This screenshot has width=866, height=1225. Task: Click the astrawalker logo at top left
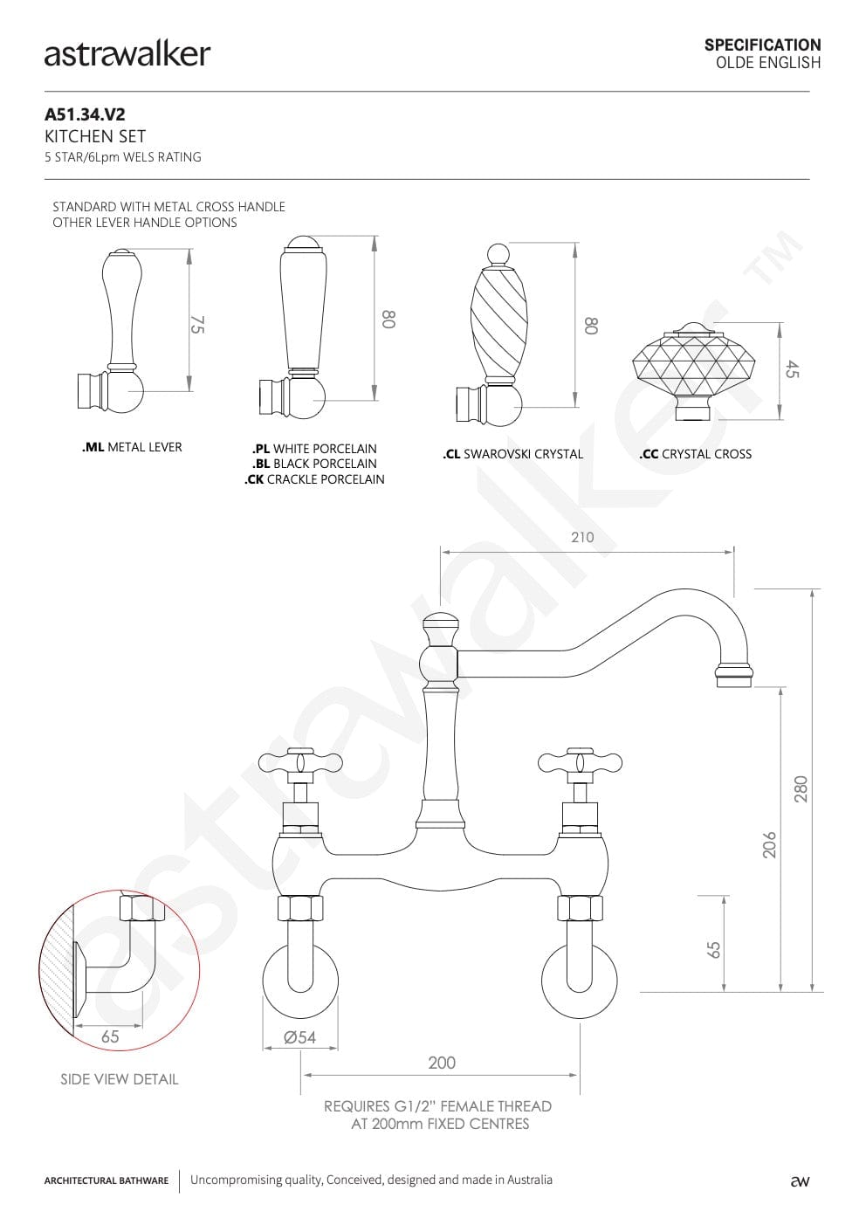(127, 55)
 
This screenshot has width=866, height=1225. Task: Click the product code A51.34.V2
(85, 114)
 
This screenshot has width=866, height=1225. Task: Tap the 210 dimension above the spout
(582, 538)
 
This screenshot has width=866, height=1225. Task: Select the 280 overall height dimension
(801, 789)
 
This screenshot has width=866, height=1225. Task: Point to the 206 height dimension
(769, 845)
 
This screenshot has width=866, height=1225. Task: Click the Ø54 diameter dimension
(299, 1037)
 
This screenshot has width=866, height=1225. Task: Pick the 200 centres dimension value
(442, 1063)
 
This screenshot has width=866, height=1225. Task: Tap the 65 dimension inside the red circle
(110, 1036)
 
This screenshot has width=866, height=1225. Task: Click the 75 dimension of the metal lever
(197, 324)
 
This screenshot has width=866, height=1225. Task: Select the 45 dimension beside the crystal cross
(792, 369)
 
